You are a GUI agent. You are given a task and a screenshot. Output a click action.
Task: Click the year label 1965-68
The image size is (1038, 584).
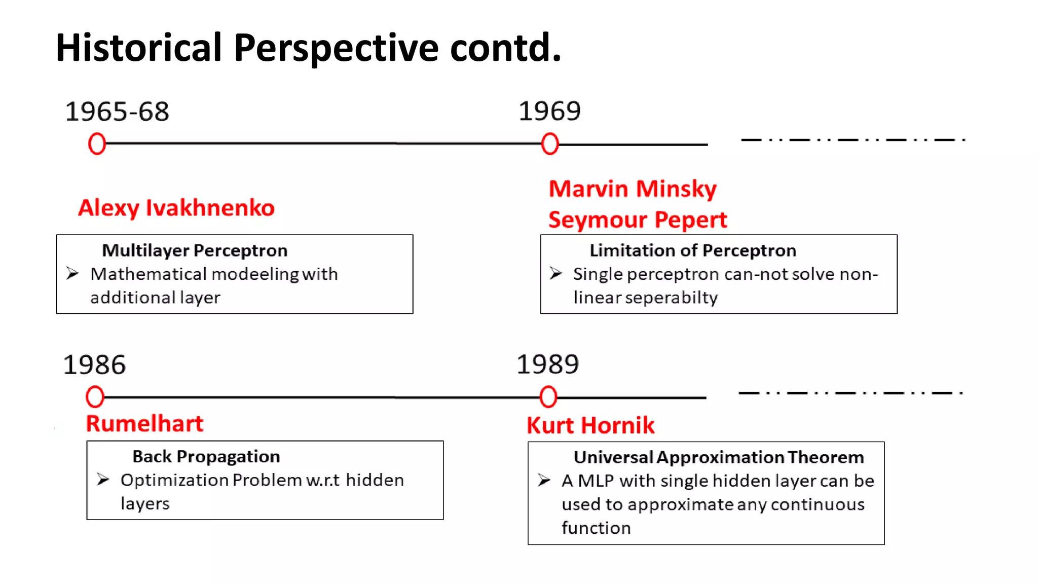point(117,112)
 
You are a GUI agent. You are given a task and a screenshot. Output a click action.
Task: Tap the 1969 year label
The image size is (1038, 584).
point(549,111)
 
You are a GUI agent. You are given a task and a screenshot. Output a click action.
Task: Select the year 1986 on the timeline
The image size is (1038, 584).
point(94,365)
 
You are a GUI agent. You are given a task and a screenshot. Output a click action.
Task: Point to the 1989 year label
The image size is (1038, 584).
point(547,364)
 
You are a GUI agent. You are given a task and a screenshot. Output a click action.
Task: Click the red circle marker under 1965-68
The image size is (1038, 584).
point(97,144)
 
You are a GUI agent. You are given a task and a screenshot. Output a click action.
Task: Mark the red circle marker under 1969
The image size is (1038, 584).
point(550,144)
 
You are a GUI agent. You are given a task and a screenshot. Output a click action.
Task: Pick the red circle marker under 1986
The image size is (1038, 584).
point(95,397)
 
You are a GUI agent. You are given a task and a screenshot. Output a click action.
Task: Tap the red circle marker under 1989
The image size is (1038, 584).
point(548,397)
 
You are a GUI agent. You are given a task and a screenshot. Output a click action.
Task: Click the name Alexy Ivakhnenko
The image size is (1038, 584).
point(176,208)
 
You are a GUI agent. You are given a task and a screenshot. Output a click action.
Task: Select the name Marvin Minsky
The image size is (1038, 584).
point(633,189)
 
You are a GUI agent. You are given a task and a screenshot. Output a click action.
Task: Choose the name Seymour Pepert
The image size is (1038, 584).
point(638,220)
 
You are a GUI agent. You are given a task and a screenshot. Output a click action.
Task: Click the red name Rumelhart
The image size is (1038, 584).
point(144,424)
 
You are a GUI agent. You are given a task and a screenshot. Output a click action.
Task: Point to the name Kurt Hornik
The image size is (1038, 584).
point(590,425)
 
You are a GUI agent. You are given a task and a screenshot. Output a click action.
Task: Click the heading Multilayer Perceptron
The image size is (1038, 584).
point(195,250)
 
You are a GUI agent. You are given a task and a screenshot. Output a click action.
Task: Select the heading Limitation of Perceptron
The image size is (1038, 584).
point(693,250)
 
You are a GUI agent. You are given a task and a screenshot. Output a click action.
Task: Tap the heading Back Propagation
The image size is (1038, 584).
point(206,457)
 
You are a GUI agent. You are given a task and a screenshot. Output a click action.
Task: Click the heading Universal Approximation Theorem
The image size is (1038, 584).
point(719,457)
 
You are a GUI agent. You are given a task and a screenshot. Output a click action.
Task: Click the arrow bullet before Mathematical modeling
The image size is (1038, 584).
point(72,274)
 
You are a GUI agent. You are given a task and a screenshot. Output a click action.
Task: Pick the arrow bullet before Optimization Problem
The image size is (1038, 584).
point(103,480)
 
